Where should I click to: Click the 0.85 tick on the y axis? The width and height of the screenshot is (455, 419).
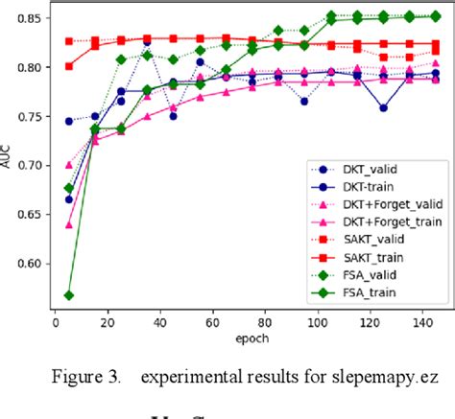coord(33,18)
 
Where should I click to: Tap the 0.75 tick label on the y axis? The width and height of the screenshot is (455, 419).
coord(33,117)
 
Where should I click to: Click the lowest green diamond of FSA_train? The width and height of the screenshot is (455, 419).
coord(69,295)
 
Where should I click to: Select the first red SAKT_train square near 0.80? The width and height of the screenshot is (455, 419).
coord(69,66)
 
